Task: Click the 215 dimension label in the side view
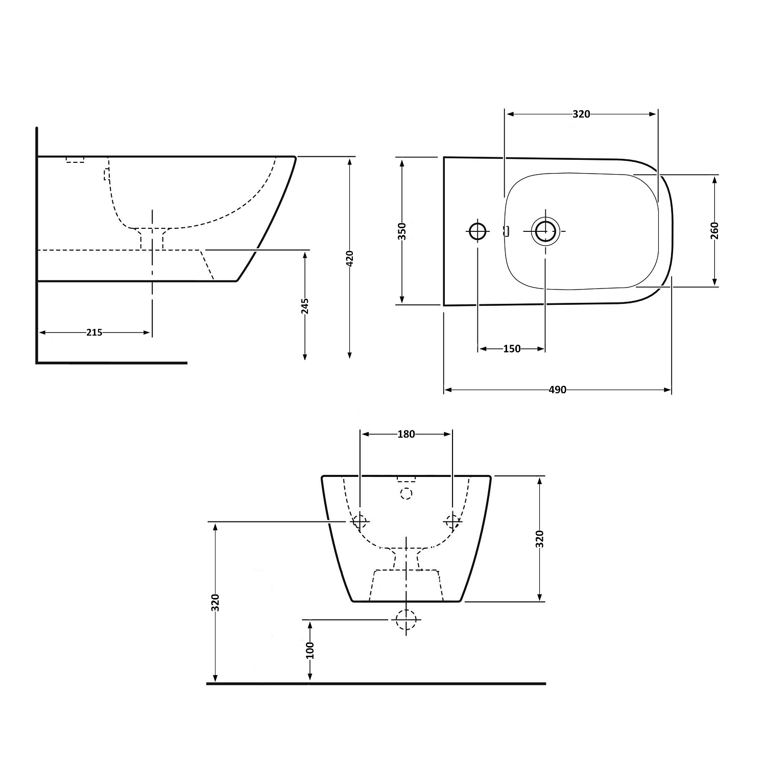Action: click(94, 332)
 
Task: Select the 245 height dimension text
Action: click(305, 306)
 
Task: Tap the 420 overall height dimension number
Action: click(350, 259)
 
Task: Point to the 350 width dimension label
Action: click(402, 231)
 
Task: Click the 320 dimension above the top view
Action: click(581, 114)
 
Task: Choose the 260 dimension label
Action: click(714, 230)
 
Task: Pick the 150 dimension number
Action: click(512, 349)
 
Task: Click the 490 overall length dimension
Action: click(557, 390)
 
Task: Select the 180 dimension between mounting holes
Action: click(406, 434)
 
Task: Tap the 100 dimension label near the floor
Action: click(309, 650)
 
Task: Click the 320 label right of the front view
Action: click(540, 539)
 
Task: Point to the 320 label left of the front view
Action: click(216, 603)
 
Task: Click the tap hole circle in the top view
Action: click(478, 231)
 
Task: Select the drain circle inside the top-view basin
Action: click(545, 231)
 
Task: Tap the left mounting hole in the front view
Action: click(360, 521)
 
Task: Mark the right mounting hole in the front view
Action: click(452, 521)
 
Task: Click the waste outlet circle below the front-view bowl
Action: click(406, 619)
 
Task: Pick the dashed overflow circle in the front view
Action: click(406, 493)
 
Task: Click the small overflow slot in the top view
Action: click(507, 231)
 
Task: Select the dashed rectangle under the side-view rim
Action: click(75, 160)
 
